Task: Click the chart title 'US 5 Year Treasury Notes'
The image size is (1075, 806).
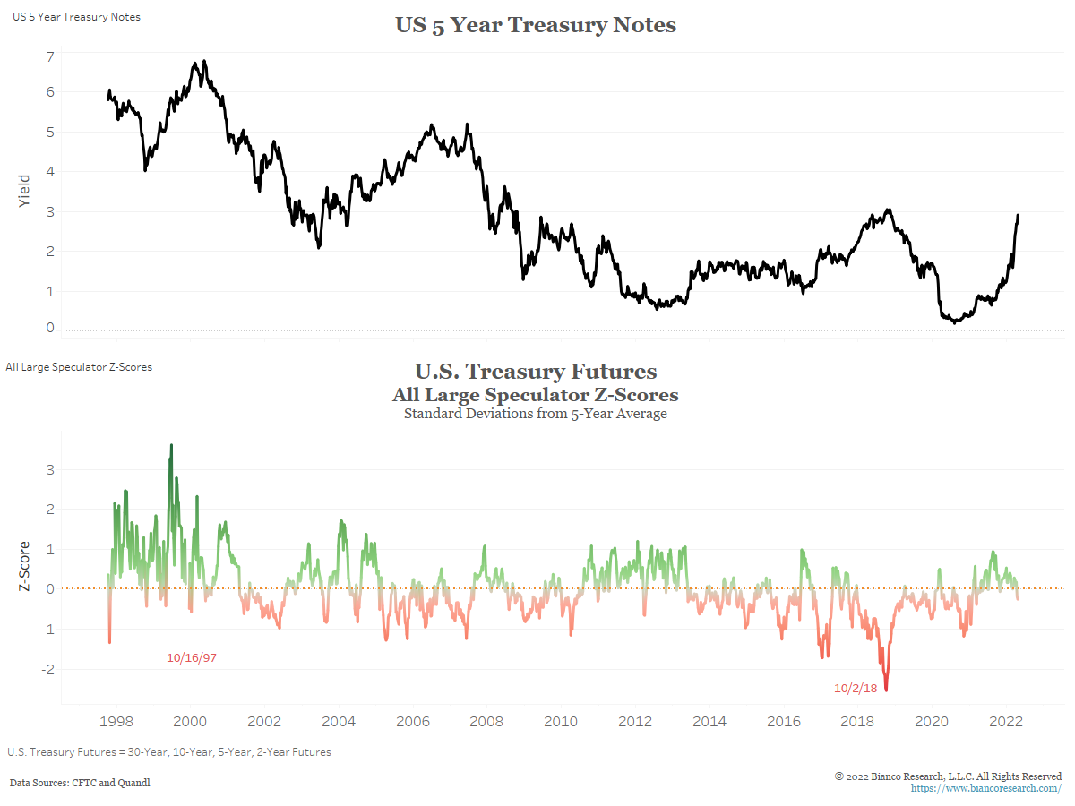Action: [536, 25]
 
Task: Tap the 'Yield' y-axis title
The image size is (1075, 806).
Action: [24, 191]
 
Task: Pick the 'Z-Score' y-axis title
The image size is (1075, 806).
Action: [24, 566]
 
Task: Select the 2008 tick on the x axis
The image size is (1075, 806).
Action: [486, 721]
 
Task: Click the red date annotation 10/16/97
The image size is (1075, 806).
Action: [192, 658]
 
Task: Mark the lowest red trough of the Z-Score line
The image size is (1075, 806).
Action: [886, 690]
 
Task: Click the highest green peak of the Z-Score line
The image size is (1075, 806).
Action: [171, 445]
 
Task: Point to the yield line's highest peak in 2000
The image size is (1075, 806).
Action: [204, 62]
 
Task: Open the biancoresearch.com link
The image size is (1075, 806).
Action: [986, 788]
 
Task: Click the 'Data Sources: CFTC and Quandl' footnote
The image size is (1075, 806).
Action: [80, 783]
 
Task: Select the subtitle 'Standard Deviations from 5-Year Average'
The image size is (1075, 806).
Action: [536, 414]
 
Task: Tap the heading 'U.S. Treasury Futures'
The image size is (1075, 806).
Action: [536, 372]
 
